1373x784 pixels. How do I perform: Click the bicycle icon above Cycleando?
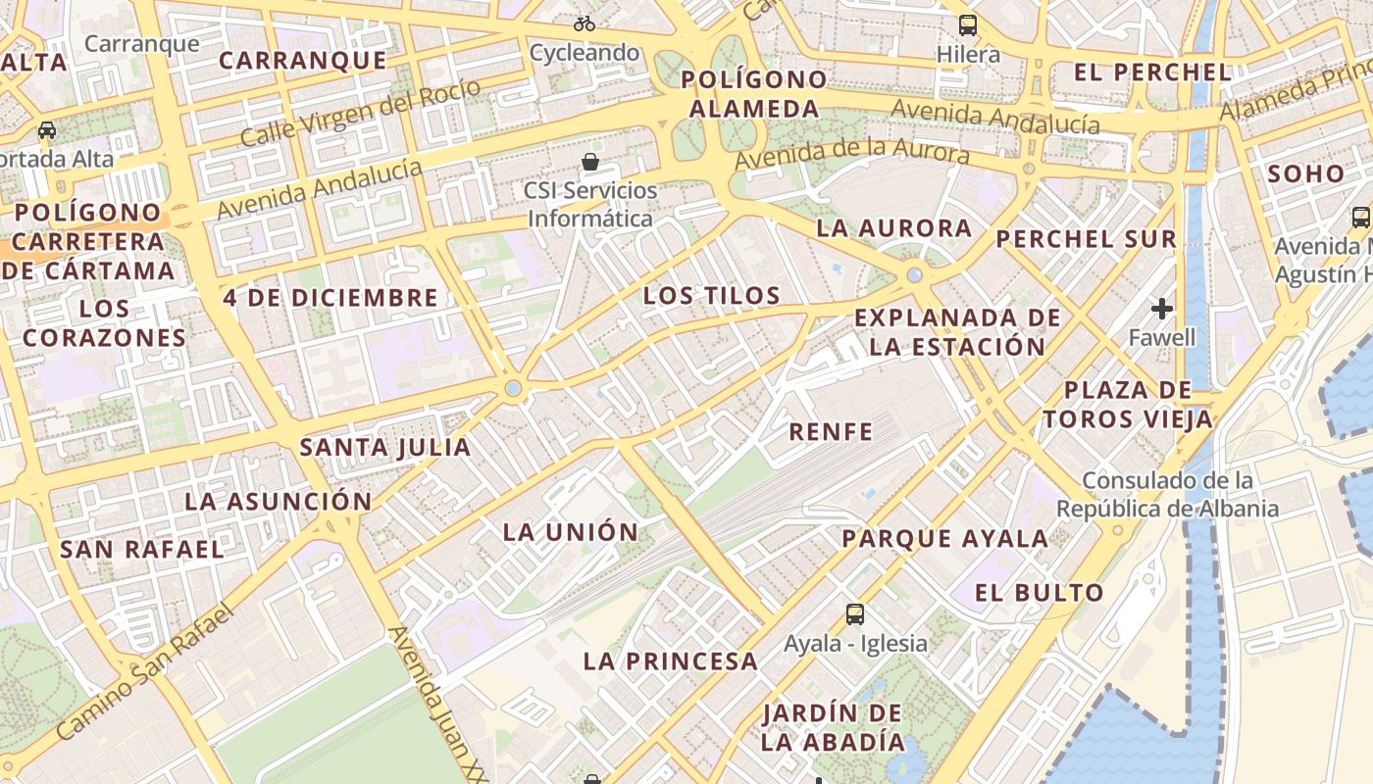[585, 23]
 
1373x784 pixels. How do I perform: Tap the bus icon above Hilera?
[968, 24]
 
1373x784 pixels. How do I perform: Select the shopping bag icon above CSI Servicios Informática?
[590, 162]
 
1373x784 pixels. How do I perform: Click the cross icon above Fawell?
[1162, 310]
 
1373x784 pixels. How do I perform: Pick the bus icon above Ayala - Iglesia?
[855, 614]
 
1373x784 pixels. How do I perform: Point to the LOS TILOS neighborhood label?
[712, 296]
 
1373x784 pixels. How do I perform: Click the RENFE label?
[831, 432]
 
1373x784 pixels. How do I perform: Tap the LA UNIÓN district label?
[571, 533]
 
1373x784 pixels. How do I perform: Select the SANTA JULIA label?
[385, 449]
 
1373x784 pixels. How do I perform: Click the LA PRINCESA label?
[671, 661]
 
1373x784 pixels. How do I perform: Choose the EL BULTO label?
[1040, 593]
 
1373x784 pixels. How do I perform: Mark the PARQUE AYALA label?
[945, 539]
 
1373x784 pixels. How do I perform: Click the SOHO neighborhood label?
[1306, 174]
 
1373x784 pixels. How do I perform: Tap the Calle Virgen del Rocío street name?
[361, 113]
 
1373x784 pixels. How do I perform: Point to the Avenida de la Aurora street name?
[851, 150]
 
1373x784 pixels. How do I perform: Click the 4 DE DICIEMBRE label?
[330, 298]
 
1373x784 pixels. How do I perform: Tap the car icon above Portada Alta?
[46, 130]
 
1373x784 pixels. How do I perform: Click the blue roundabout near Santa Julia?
[513, 389]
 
